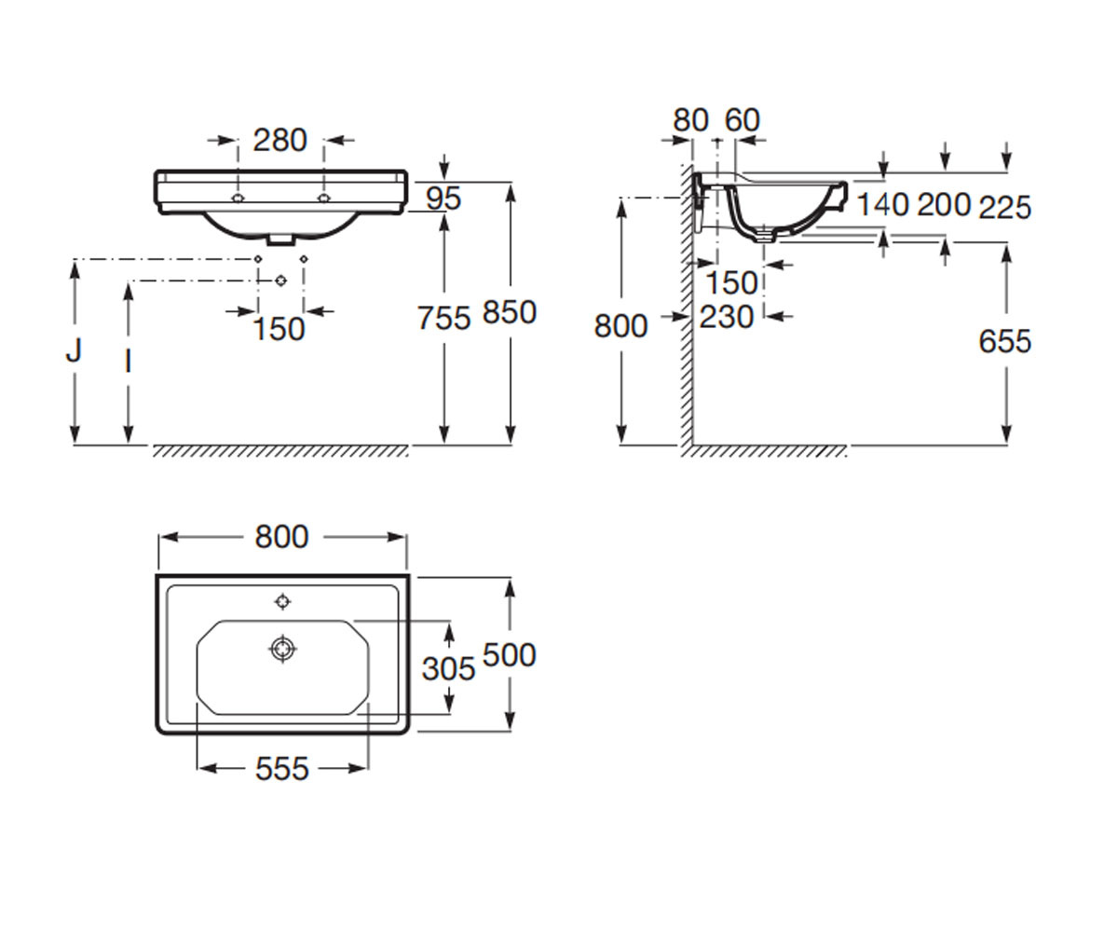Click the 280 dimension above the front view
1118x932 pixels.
(x=279, y=141)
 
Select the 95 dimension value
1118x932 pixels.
(x=443, y=199)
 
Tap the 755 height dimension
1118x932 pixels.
(x=443, y=318)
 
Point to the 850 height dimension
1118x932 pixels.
(x=510, y=312)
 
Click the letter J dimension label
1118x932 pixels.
(x=74, y=350)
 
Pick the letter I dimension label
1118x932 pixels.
(x=128, y=363)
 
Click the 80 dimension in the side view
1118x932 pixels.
(x=690, y=120)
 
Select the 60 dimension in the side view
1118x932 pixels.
(x=743, y=120)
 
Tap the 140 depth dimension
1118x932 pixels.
(x=883, y=205)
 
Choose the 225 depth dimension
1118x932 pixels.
(x=1005, y=207)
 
